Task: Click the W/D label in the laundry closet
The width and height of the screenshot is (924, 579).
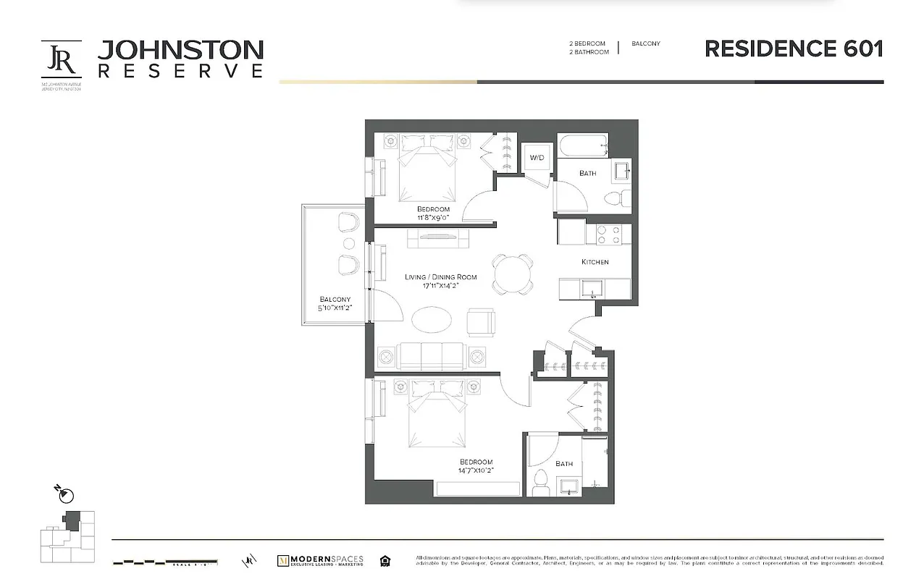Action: click(x=537, y=158)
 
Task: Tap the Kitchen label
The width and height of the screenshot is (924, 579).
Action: click(x=595, y=262)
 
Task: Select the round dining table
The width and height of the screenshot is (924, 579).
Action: click(x=513, y=274)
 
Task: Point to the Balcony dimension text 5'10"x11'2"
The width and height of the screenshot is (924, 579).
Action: click(x=335, y=308)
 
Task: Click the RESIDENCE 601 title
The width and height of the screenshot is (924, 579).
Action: click(x=794, y=48)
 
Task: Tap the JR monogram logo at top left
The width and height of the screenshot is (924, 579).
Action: click(x=61, y=59)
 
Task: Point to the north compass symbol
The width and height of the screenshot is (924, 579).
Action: click(x=66, y=495)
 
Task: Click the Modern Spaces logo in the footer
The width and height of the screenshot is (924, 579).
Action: click(x=321, y=560)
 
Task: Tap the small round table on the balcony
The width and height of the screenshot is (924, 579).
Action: click(x=349, y=243)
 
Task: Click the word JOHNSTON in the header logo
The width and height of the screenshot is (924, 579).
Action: click(x=180, y=50)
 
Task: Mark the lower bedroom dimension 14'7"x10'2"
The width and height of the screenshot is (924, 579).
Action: click(x=476, y=470)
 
